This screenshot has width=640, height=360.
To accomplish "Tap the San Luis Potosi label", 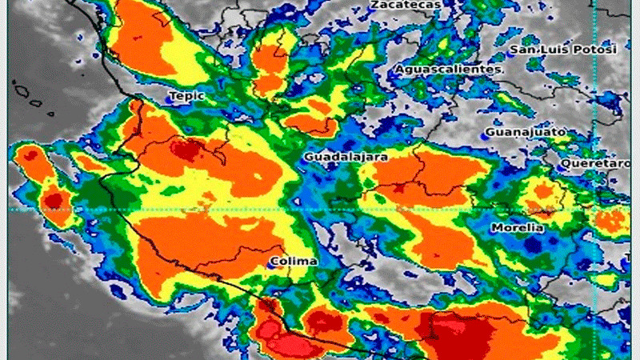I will tap(565, 50).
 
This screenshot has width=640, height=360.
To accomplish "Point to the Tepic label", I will tap(186, 96).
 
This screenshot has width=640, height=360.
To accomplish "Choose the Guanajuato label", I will tap(526, 131).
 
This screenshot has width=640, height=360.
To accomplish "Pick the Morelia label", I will tap(518, 228).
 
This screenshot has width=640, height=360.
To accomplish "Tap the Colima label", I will tap(294, 262).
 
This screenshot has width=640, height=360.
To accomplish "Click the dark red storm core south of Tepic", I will tap(187, 149).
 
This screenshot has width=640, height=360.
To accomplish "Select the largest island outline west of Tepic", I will tap(22, 94).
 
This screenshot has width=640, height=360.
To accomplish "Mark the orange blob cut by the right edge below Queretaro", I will tap(612, 220).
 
